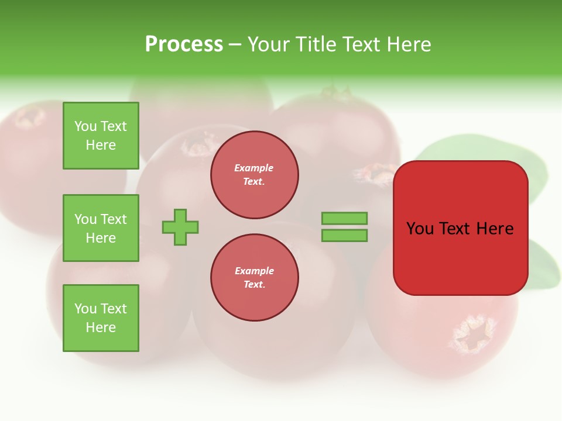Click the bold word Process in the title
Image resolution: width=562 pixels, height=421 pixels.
pos(184,44)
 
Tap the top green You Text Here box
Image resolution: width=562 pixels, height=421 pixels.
pos(101,136)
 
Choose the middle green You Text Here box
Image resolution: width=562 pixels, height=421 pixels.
pos(101,228)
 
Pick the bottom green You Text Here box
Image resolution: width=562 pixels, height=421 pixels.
pos(101,318)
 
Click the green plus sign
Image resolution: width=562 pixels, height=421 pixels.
pos(180,227)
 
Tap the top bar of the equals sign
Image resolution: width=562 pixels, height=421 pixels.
pos(344,218)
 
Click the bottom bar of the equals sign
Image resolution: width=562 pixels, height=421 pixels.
pos(344,236)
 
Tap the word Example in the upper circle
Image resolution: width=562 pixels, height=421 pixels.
pos(253,168)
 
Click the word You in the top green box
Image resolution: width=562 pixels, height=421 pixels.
pos(85,126)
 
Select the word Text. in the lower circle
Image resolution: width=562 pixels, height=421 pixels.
pos(254,285)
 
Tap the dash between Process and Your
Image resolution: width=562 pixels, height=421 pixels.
pos(235,44)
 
